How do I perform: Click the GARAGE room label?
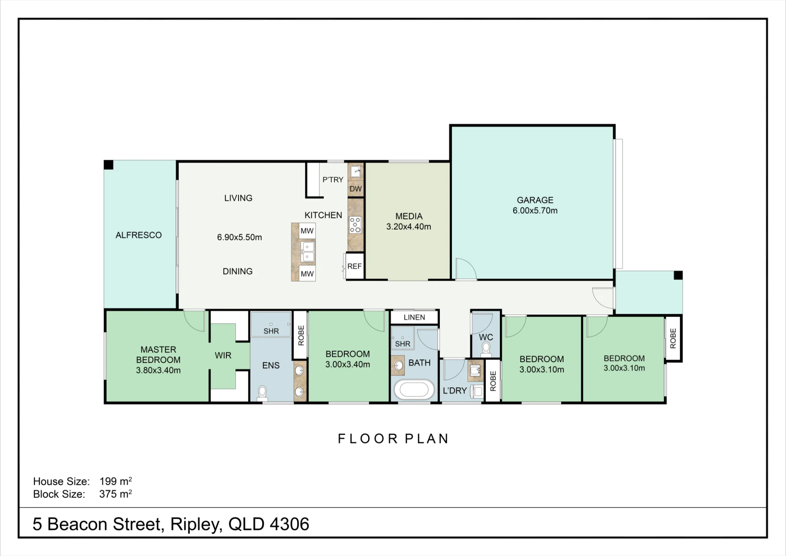535,200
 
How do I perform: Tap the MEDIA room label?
409,216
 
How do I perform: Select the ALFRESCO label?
139,235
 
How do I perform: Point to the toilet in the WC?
486,349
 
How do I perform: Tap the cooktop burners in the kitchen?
355,225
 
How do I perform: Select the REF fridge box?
354,266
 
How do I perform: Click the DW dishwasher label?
356,189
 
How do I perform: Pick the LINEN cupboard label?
414,317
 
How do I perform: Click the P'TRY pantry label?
333,180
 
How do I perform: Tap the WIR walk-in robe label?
223,355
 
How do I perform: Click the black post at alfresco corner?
108,165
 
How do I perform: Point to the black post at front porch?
678,275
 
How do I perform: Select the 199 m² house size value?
116,481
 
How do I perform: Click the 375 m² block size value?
116,494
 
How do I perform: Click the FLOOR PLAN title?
393,439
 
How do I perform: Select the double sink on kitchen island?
307,252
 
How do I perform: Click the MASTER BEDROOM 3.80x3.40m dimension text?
158,370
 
